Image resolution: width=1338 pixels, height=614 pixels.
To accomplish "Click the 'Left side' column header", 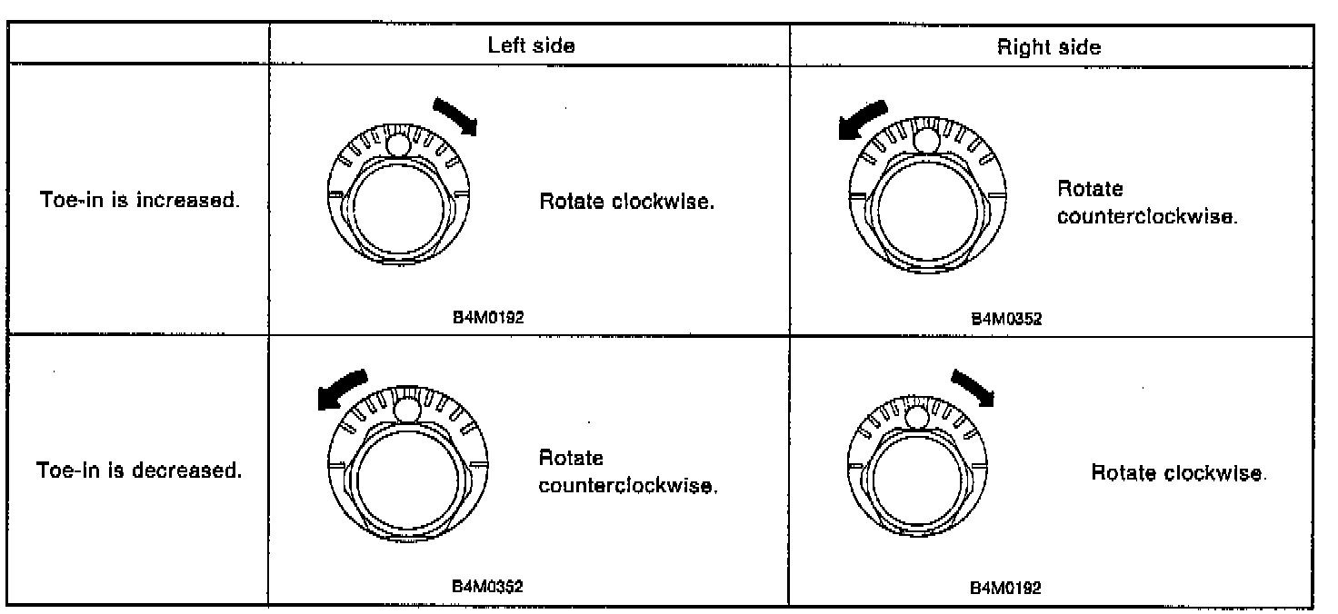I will coord(531,45).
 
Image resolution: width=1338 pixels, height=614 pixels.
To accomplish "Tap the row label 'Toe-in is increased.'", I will coord(141,200).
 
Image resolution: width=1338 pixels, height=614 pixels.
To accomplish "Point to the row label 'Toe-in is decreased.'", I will coord(139,472).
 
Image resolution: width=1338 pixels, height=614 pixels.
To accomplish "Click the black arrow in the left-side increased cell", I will coord(455,116).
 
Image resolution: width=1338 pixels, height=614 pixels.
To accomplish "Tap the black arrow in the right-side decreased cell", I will coord(972,387).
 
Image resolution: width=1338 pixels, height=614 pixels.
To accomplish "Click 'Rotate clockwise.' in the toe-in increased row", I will coord(627,201).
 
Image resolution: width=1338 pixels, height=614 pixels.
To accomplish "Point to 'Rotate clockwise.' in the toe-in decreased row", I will coord(1177,473).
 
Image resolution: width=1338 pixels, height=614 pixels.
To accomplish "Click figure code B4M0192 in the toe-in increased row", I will coord(489,317).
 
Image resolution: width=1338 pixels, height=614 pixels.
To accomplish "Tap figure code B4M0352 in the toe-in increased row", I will coord(1006,318).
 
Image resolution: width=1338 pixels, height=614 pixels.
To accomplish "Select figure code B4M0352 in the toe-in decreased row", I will coord(488,586).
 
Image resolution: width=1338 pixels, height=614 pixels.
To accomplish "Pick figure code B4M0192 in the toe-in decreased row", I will coord(1006,587).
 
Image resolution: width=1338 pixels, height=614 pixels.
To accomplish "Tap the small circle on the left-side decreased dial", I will coord(408,412).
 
